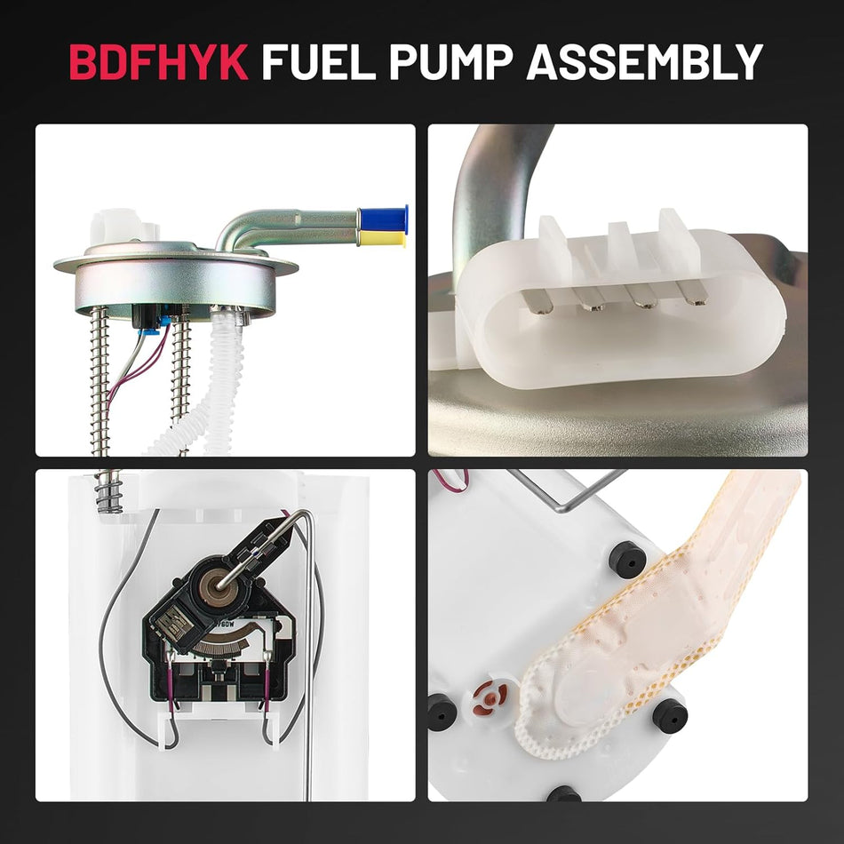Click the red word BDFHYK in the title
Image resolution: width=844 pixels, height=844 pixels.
click(x=158, y=61)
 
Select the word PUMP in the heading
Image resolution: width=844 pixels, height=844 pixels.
click(x=455, y=61)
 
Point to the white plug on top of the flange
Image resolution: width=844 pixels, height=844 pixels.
click(x=113, y=227)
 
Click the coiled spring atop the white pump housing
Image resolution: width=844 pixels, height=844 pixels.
click(x=109, y=493)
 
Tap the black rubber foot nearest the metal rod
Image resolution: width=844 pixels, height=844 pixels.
click(x=626, y=558)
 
